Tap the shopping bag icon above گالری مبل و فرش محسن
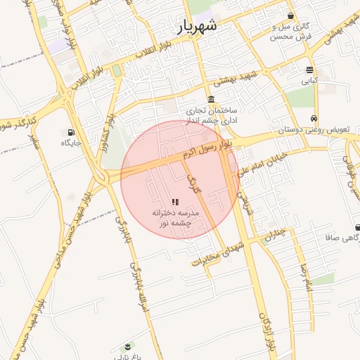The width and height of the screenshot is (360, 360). (x=290, y=15)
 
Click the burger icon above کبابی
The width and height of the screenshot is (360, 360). (x=309, y=70)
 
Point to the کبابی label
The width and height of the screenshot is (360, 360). (x=309, y=81)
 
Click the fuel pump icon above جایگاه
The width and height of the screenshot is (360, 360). (x=71, y=132)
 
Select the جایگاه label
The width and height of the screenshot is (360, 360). (x=71, y=143)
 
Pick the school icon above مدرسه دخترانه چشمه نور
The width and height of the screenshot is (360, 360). (x=175, y=202)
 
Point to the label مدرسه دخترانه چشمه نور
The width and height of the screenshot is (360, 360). (x=176, y=217)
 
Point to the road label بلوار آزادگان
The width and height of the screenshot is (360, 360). (x=265, y=330)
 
